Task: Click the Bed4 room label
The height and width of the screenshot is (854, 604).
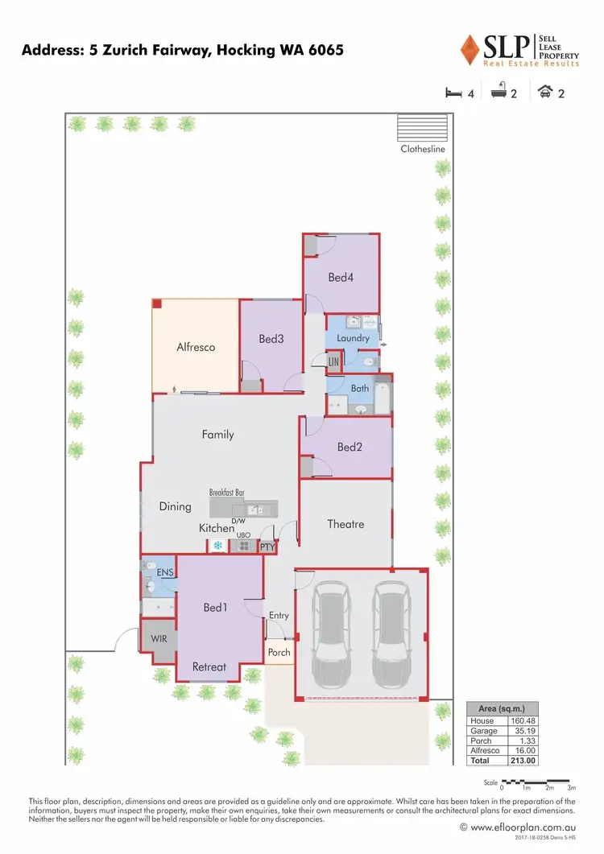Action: (341, 278)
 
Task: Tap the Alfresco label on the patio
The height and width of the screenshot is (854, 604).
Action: (196, 347)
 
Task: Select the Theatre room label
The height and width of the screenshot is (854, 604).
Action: (345, 524)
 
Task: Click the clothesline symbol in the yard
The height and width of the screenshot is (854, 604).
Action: (422, 128)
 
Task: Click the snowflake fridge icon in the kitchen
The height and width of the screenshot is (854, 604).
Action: (217, 546)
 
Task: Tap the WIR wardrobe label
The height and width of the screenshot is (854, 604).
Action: (159, 640)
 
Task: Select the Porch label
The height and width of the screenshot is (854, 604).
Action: (279, 652)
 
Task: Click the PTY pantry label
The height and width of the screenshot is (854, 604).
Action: (267, 547)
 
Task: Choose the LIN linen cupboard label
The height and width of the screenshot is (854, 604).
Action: (333, 364)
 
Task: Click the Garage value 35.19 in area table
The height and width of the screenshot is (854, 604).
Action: (523, 731)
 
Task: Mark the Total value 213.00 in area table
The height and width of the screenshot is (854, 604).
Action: (523, 760)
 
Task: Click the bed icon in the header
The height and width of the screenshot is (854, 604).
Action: (454, 93)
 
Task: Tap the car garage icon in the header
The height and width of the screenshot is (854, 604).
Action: (546, 93)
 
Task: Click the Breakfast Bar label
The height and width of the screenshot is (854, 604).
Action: (226, 492)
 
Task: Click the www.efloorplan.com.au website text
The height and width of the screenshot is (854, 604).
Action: (527, 827)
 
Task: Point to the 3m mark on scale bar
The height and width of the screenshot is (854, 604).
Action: (570, 788)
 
